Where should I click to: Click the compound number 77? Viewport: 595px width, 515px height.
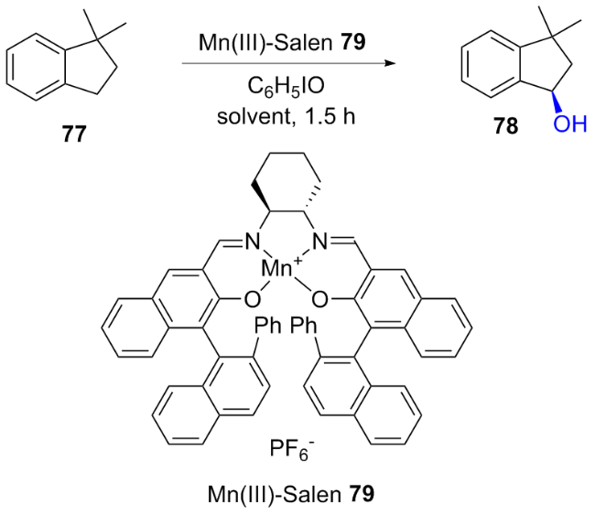(74, 134)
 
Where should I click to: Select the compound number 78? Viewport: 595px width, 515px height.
(506, 125)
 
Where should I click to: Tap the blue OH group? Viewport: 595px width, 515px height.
(570, 124)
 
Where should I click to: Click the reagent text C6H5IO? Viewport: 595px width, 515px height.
(286, 88)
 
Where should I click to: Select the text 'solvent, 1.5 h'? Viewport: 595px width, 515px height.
(286, 116)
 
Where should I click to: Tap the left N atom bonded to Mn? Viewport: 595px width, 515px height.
(252, 241)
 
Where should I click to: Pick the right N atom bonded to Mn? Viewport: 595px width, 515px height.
(319, 241)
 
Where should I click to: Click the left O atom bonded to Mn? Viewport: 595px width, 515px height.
(253, 300)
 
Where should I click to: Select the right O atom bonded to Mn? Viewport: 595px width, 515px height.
(319, 300)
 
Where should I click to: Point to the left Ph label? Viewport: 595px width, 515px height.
(267, 326)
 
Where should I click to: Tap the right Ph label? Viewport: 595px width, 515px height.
(304, 326)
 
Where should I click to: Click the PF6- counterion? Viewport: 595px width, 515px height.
(292, 450)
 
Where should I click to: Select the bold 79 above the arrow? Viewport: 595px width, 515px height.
(353, 43)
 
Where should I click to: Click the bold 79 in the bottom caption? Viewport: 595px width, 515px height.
(362, 495)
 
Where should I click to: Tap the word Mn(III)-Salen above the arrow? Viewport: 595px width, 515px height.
(265, 43)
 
